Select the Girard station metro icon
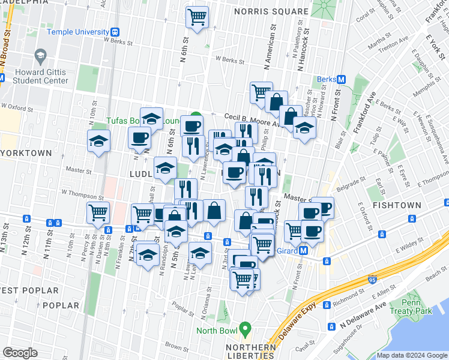[304, 250]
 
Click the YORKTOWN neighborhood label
[26, 153]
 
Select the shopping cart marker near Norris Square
[196, 17]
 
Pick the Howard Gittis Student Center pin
[41, 56]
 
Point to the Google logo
[20, 352]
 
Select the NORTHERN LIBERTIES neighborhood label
[251, 352]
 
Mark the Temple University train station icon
[115, 31]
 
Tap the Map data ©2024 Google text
[411, 355]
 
